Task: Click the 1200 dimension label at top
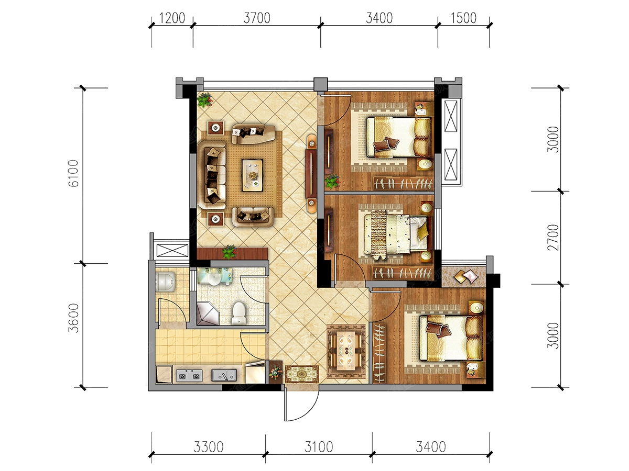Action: click(x=172, y=18)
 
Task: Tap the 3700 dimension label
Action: click(x=257, y=18)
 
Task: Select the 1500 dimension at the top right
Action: click(x=463, y=18)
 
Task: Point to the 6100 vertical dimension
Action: click(x=74, y=173)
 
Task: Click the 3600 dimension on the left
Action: click(x=74, y=318)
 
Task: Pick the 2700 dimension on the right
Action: click(x=553, y=238)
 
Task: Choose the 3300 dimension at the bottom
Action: click(x=208, y=447)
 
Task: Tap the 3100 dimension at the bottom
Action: click(x=318, y=447)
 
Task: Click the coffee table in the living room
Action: click(x=252, y=175)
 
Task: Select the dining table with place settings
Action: click(x=346, y=351)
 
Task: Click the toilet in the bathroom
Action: click(x=238, y=313)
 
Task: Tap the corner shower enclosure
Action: click(x=208, y=313)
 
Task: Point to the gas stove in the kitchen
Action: click(x=189, y=375)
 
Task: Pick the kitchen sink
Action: click(x=224, y=375)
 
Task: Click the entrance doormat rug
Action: click(x=302, y=374)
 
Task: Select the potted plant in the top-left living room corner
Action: click(x=204, y=100)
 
